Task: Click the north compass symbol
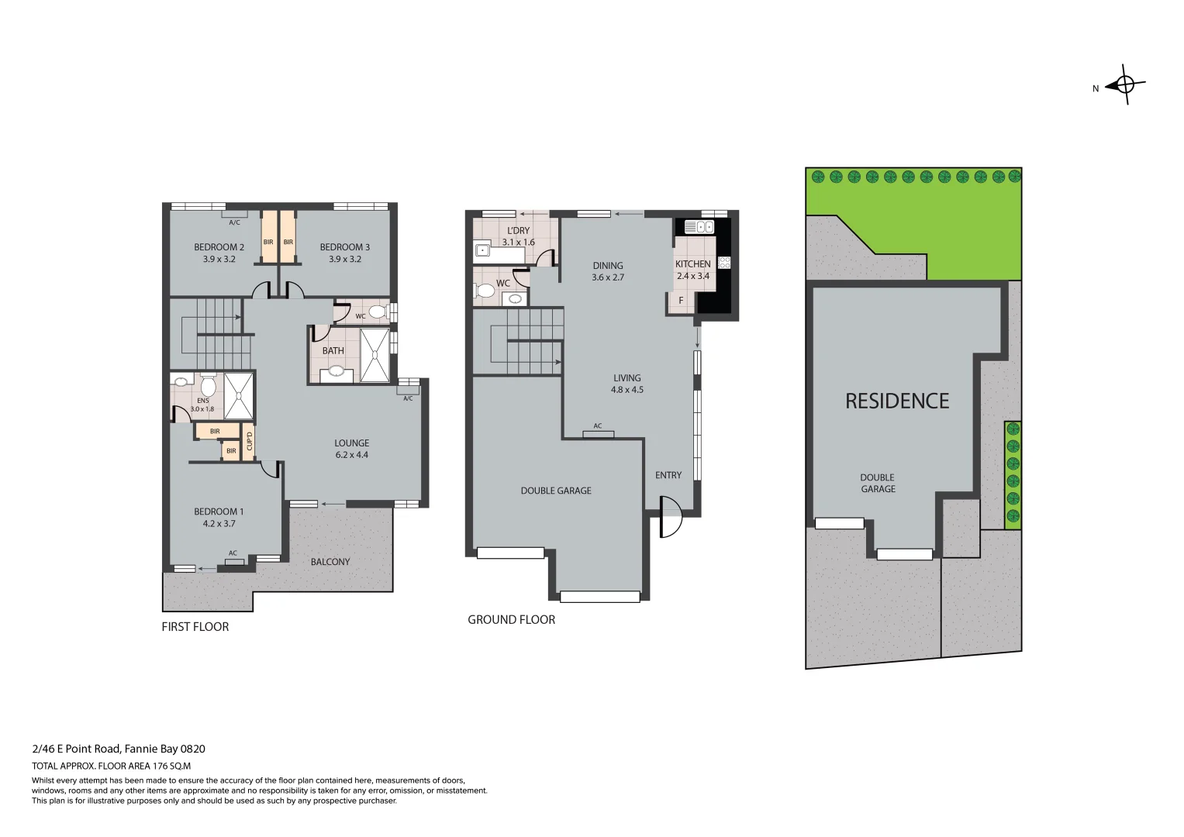[1126, 85]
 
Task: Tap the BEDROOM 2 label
[219, 253]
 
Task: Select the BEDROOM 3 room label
[344, 253]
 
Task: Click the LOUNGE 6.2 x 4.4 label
[351, 449]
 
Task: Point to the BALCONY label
[330, 562]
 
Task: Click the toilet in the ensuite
[208, 385]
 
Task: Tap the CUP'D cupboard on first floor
[249, 442]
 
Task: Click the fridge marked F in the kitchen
[681, 300]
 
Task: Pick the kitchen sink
[699, 227]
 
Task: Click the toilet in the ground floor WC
[485, 291]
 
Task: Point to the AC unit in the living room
[598, 432]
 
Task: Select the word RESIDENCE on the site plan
[896, 401]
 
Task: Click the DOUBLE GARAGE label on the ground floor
[555, 491]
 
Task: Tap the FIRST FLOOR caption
[195, 627]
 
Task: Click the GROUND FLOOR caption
[511, 619]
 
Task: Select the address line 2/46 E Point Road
[118, 749]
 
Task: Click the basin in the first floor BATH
[336, 371]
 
